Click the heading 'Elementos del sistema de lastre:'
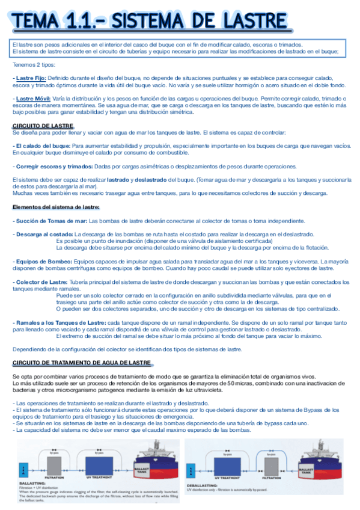point(56,207)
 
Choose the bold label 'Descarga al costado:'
point(43,234)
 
